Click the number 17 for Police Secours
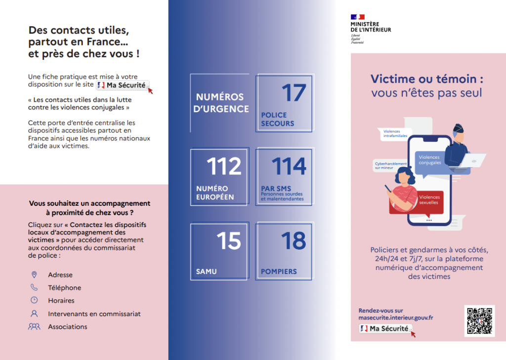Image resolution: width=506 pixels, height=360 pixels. pos(294,93)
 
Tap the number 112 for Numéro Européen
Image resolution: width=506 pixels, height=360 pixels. pos(224,167)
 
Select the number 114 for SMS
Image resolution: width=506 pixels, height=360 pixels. pos(289,167)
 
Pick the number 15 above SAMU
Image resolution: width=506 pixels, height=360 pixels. pos(228,241)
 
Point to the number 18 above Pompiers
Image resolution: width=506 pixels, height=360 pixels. pos(294,241)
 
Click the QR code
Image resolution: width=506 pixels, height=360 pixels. pos(479,321)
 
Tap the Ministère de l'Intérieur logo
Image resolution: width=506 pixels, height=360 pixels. pos(371,29)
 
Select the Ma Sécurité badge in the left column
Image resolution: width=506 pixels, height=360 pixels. pos(123,85)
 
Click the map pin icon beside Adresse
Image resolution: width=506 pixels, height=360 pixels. pos(34,274)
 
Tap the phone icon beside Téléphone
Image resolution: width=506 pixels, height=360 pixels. pos(34,287)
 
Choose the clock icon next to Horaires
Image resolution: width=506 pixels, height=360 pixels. pos(34,300)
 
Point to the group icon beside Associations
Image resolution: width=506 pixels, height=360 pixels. pos(34,326)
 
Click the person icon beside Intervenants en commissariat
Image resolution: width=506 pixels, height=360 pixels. pos(34,314)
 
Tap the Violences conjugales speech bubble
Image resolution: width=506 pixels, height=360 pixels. pos(429,160)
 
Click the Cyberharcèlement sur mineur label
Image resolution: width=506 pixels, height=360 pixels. pos(390,166)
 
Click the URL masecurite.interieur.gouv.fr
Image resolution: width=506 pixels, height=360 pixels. pos(396,318)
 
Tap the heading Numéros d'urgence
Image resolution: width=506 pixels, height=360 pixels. pos(222,103)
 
